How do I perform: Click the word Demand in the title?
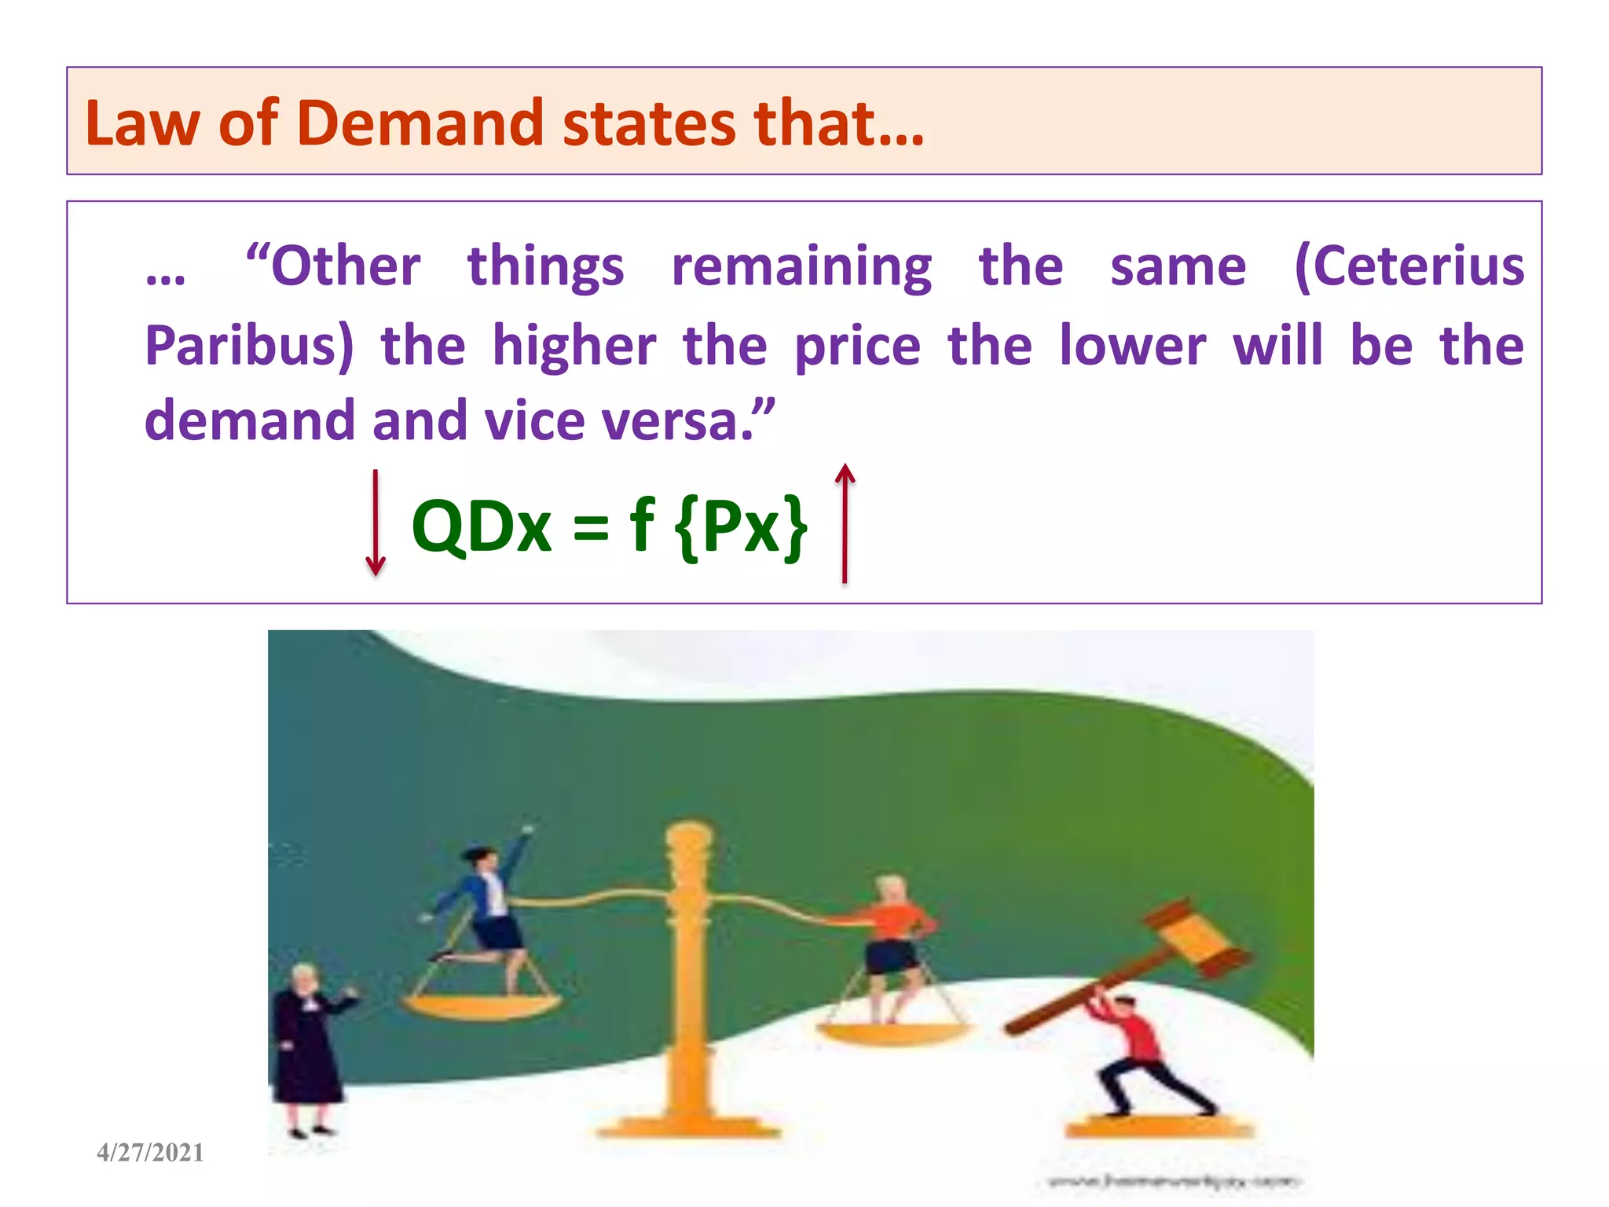pos(420,123)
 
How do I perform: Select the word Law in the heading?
pos(141,123)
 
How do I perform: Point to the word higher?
pos(574,346)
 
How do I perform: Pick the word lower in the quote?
pos(1132,346)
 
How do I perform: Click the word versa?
pos(680,421)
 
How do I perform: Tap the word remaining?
pos(801,267)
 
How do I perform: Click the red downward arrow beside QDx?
pos(376,523)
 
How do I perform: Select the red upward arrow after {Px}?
pos(845,523)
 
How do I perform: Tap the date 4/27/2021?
pos(150,1153)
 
